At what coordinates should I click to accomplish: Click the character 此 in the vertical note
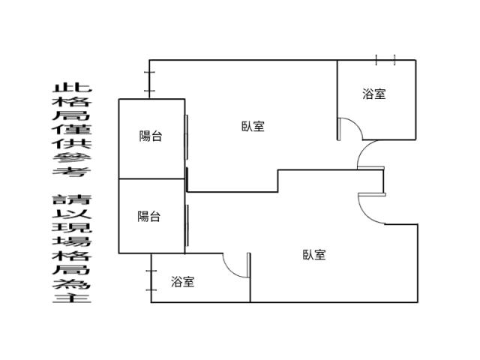click(x=72, y=88)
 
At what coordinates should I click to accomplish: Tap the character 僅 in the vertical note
click(x=72, y=130)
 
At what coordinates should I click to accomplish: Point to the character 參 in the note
click(x=72, y=157)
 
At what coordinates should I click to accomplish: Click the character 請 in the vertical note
click(x=72, y=199)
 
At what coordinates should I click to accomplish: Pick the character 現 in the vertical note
click(x=72, y=227)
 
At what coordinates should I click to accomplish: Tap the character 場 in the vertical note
click(x=72, y=241)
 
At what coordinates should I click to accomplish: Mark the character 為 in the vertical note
click(x=72, y=283)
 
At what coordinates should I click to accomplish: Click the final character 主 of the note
click(x=72, y=298)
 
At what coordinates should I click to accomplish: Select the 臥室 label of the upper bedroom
click(x=253, y=126)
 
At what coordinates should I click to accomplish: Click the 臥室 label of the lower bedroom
click(x=314, y=255)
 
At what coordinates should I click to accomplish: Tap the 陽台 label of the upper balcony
click(x=150, y=136)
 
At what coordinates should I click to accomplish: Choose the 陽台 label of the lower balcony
click(x=148, y=217)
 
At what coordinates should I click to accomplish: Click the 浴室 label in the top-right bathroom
click(x=374, y=94)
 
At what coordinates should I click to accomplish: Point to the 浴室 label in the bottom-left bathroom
click(x=183, y=282)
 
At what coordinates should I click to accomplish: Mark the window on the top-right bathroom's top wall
click(x=385, y=60)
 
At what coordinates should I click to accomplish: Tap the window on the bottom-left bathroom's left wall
click(x=151, y=280)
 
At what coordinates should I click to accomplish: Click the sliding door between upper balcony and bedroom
click(x=186, y=137)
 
